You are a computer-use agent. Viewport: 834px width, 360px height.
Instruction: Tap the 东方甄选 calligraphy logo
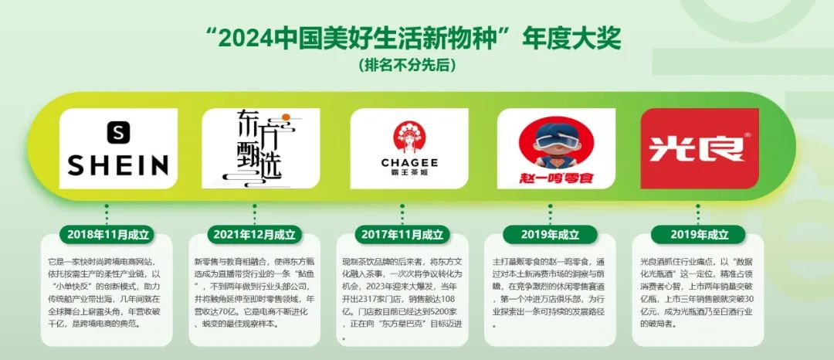tap(260, 148)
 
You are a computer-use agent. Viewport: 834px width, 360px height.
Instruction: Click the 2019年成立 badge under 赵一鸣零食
tap(551, 234)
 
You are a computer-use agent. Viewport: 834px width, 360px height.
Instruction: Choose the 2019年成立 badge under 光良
tap(700, 234)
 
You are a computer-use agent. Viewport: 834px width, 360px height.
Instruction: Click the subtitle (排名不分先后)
tap(416, 63)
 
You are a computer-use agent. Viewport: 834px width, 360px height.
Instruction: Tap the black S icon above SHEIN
tap(118, 132)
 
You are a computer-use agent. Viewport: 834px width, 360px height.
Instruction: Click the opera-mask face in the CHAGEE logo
tap(409, 137)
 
